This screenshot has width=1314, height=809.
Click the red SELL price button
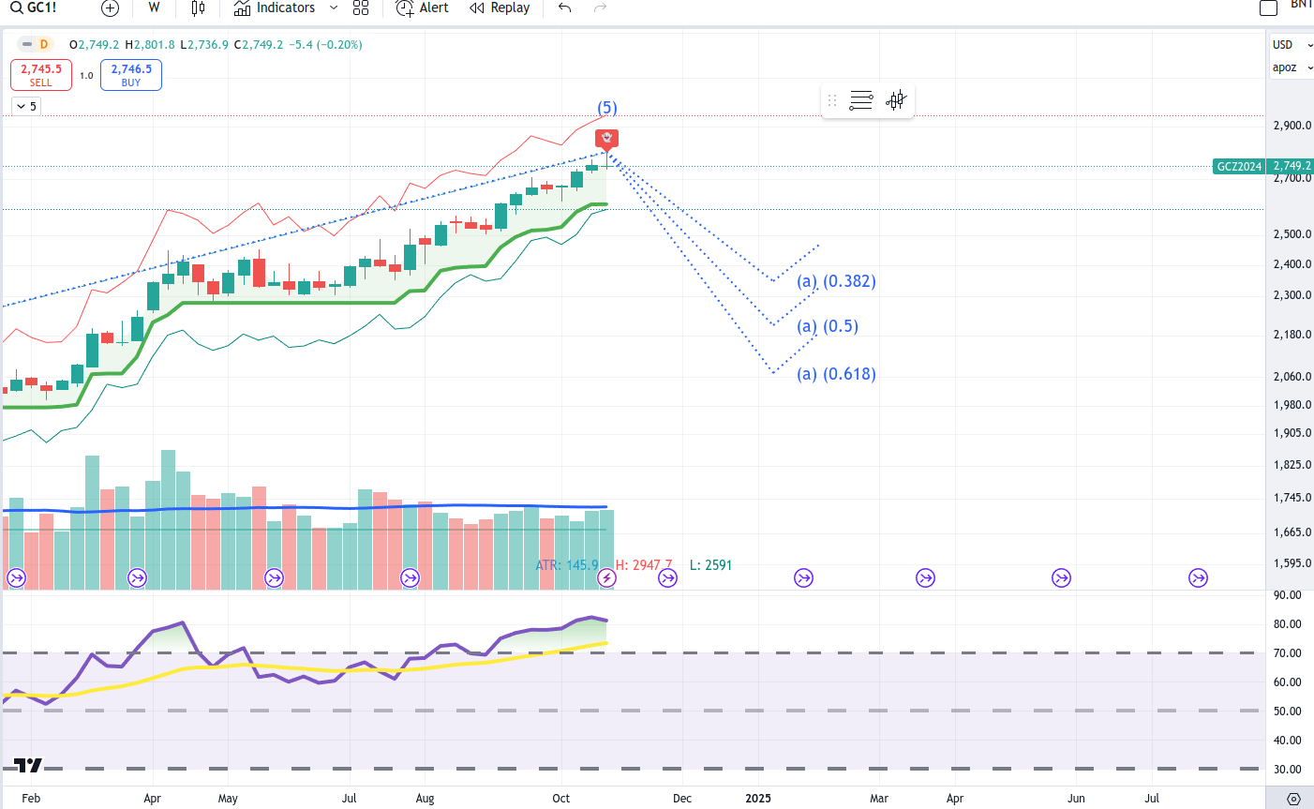[41, 75]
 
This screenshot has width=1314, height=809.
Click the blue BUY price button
[131, 75]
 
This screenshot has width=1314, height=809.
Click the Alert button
[423, 8]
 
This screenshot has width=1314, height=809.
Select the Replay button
[500, 8]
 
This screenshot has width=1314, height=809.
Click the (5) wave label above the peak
[607, 108]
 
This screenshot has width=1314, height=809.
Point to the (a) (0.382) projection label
[836, 281]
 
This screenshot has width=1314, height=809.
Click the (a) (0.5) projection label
[828, 326]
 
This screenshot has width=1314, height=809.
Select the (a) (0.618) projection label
[836, 374]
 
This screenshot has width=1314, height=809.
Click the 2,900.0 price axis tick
[1292, 126]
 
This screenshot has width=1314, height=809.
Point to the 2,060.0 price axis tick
[1292, 377]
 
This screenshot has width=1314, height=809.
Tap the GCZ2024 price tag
[1239, 167]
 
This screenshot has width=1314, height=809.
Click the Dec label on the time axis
[682, 799]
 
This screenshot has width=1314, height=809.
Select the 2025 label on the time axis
[758, 799]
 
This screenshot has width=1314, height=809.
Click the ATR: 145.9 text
[566, 565]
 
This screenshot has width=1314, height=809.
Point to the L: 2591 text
[710, 565]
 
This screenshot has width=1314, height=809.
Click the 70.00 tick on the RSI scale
[1288, 653]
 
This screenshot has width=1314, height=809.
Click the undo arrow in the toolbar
[564, 8]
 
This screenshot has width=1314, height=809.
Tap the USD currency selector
[1284, 45]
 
